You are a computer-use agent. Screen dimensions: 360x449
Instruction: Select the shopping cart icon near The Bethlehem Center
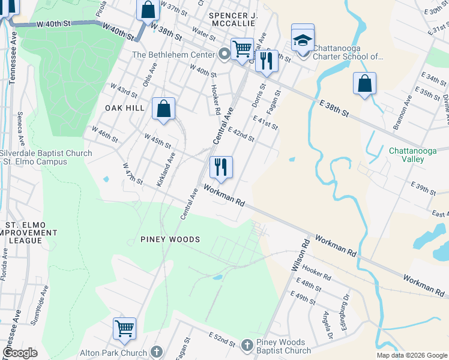point(242,49)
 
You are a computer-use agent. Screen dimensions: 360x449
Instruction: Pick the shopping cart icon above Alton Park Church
point(124,328)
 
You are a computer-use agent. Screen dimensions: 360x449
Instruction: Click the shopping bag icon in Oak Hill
point(163,109)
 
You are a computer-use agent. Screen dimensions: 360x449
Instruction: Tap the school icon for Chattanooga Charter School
point(303,40)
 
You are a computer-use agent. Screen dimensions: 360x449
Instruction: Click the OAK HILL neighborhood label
point(125,107)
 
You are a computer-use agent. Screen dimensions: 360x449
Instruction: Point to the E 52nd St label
point(221,339)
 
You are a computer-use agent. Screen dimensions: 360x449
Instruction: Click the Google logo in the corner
point(20,352)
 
